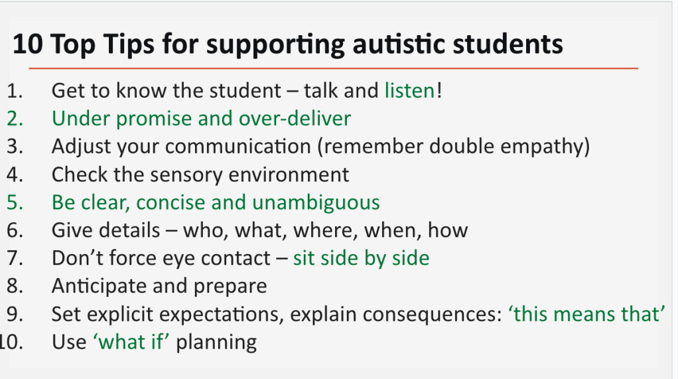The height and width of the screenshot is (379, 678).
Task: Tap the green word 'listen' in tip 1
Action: [409, 90]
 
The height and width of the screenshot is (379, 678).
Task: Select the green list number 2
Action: [15, 119]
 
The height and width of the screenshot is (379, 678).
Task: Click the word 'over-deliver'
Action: [295, 119]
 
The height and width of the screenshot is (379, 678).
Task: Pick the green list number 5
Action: [15, 202]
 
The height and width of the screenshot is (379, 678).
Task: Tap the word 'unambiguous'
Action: [316, 202]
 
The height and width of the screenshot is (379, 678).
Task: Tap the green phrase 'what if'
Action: [131, 342]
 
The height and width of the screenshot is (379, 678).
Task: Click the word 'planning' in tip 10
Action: [216, 342]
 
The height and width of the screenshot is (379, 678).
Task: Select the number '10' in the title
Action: [28, 44]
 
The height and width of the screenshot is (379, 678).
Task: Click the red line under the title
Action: [334, 68]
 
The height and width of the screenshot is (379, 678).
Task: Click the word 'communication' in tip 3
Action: [238, 146]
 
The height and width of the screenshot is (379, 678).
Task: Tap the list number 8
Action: [15, 286]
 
